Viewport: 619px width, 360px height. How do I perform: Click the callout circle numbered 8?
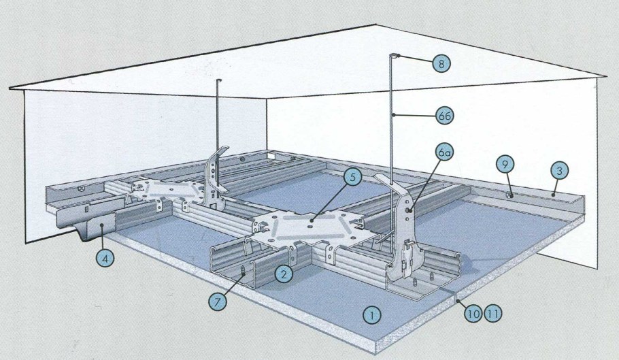[441, 63]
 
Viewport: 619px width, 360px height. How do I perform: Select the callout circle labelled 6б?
[444, 116]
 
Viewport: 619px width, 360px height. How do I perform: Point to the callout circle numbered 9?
[505, 164]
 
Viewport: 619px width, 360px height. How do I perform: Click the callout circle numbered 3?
[560, 171]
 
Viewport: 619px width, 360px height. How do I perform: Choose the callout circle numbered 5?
[352, 178]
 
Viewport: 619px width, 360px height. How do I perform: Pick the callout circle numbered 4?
[105, 259]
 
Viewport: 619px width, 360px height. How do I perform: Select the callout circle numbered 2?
[284, 274]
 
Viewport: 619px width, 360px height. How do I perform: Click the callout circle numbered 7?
[218, 302]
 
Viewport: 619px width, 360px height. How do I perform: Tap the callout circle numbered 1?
[371, 315]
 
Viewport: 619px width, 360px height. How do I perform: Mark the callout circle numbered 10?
[473, 314]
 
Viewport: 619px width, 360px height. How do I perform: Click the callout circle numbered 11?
[492, 314]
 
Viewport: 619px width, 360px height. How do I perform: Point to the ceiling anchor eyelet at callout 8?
[395, 55]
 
